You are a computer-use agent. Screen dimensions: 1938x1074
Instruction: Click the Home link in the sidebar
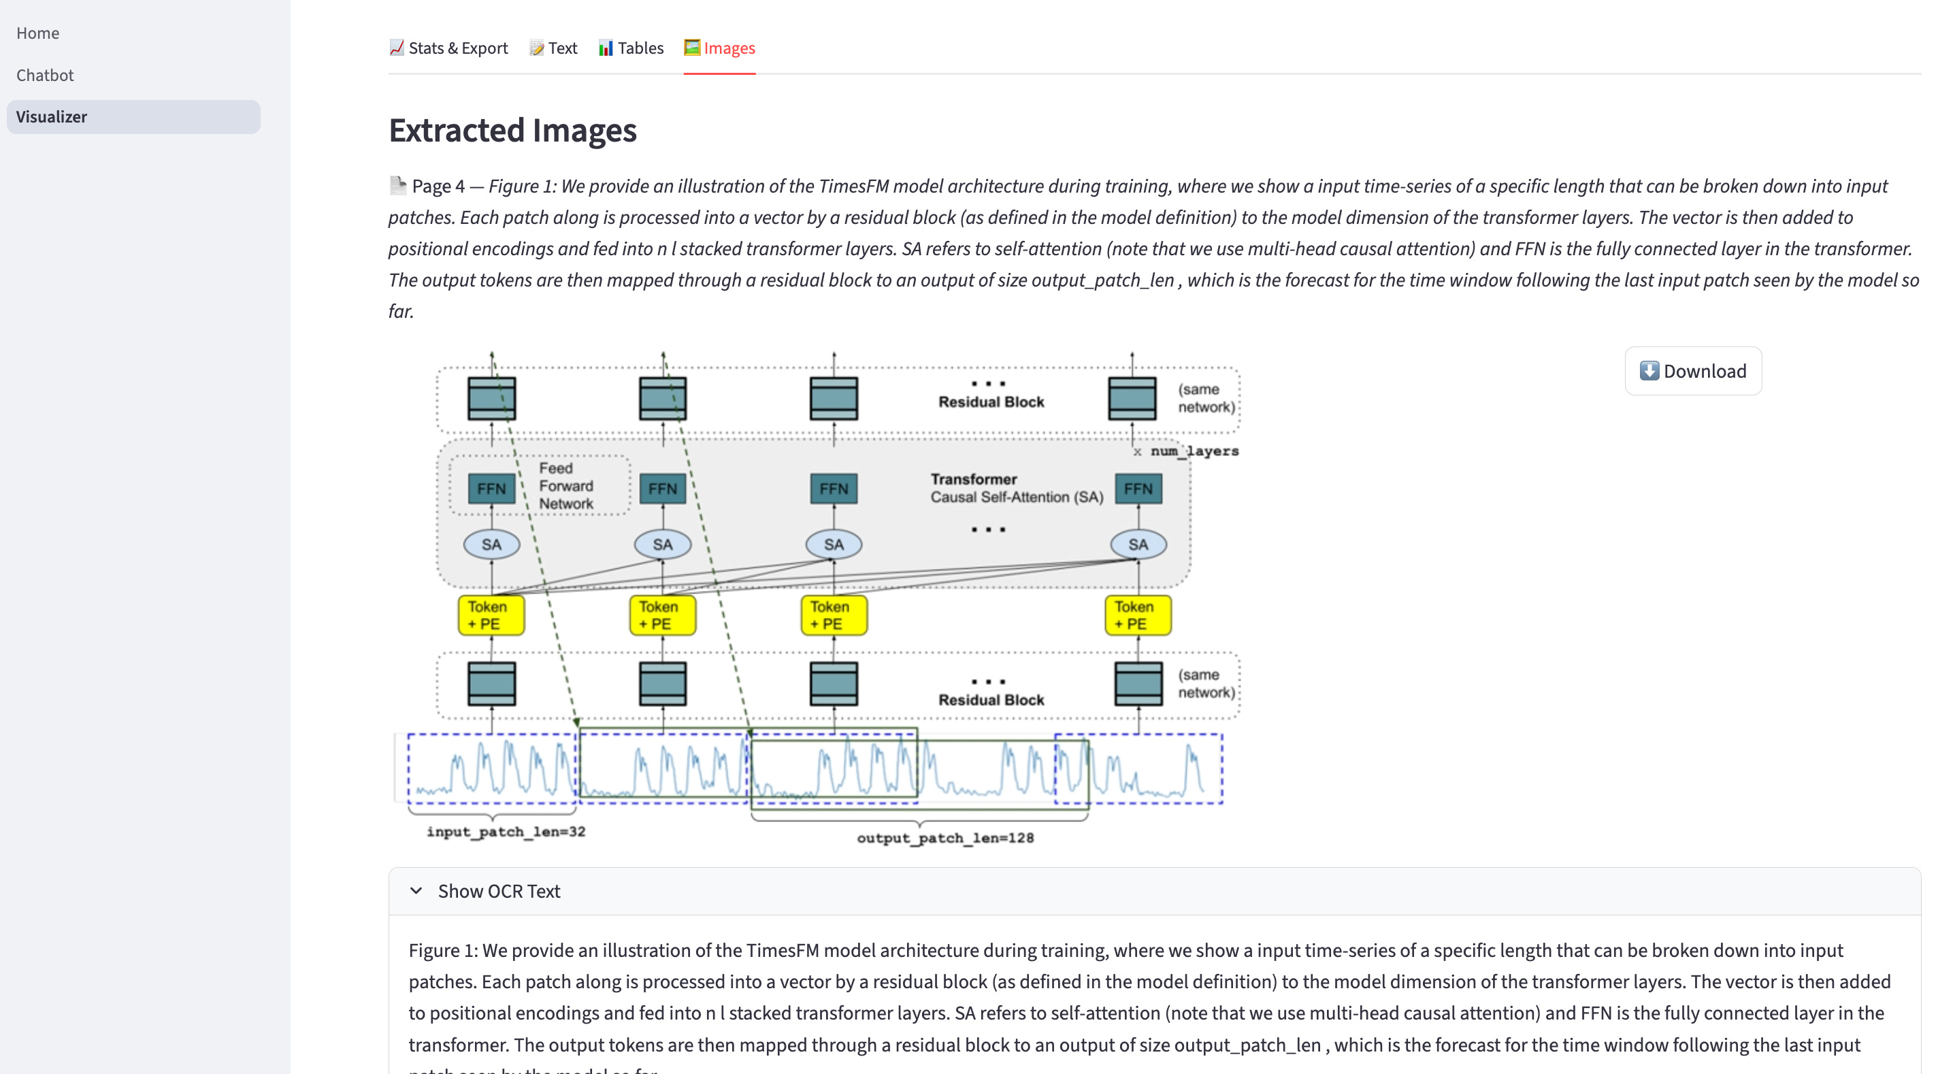tap(37, 33)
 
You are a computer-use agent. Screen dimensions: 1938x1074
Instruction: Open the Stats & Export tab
tap(448, 48)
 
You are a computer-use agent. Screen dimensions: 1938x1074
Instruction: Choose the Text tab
tap(553, 48)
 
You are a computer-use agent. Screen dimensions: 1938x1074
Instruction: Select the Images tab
tap(719, 48)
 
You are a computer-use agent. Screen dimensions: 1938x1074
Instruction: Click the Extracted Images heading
tap(512, 130)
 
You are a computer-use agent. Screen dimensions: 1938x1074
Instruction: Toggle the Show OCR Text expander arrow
tap(416, 891)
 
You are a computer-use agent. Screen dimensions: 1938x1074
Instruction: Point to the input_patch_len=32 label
tap(506, 832)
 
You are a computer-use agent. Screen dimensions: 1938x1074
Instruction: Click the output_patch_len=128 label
tap(945, 838)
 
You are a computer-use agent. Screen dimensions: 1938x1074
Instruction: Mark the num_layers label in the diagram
tap(1194, 451)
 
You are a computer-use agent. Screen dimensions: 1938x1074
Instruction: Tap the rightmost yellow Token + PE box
tap(1138, 615)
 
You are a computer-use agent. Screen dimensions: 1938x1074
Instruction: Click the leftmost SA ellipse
tap(491, 544)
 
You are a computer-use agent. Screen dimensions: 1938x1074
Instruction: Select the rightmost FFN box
tap(1138, 489)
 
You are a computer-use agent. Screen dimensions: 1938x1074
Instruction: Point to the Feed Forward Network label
tap(565, 485)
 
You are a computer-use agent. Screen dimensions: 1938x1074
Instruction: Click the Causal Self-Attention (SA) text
tap(1017, 498)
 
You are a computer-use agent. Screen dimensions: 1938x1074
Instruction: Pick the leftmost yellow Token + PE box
tap(491, 615)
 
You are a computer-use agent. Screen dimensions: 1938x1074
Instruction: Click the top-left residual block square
tap(491, 398)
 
